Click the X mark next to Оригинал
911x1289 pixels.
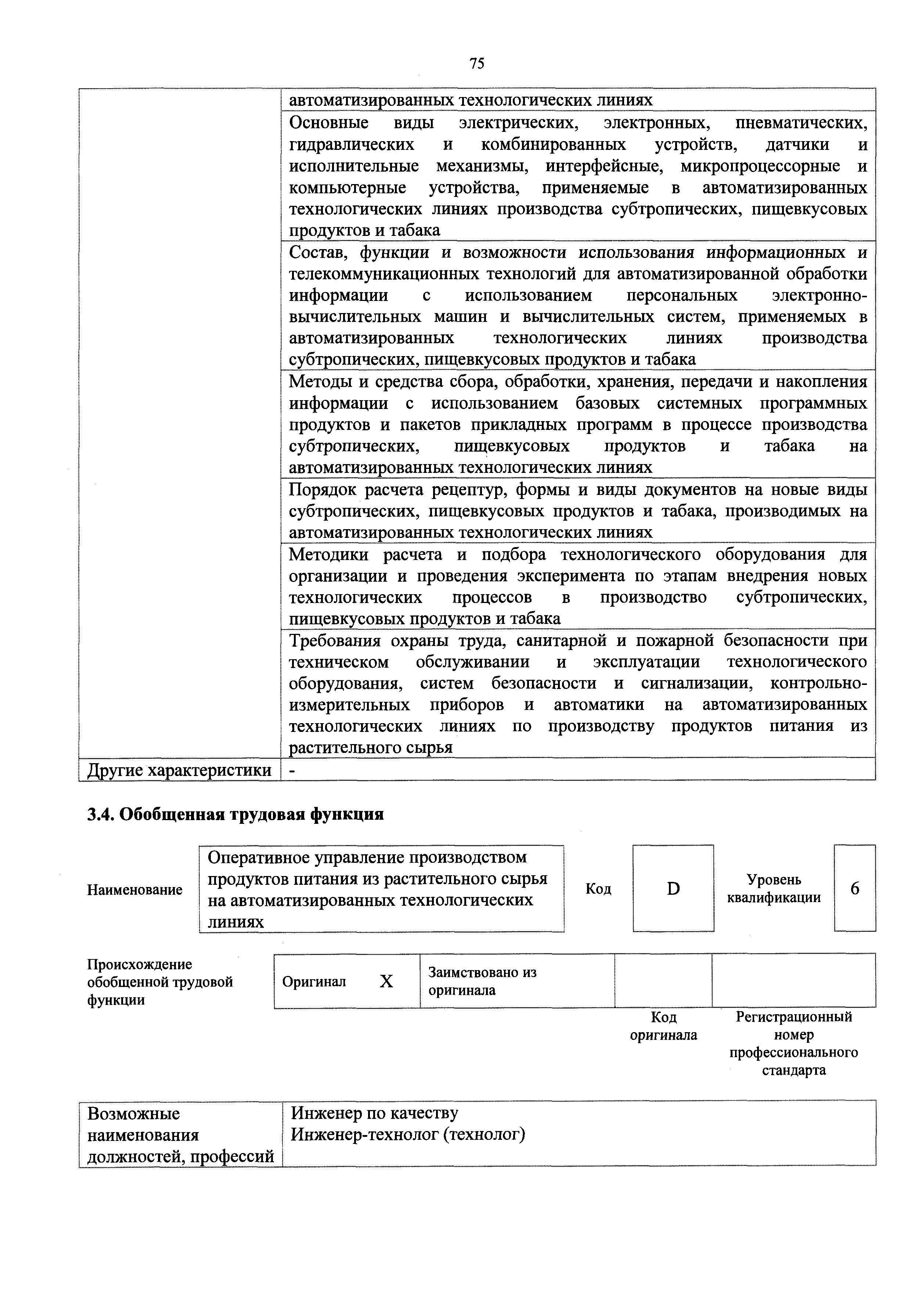point(386,981)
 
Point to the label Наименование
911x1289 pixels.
point(135,890)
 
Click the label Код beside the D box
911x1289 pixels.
point(598,889)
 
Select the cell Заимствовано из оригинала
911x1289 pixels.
point(483,981)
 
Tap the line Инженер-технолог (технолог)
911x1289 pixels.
point(408,1135)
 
